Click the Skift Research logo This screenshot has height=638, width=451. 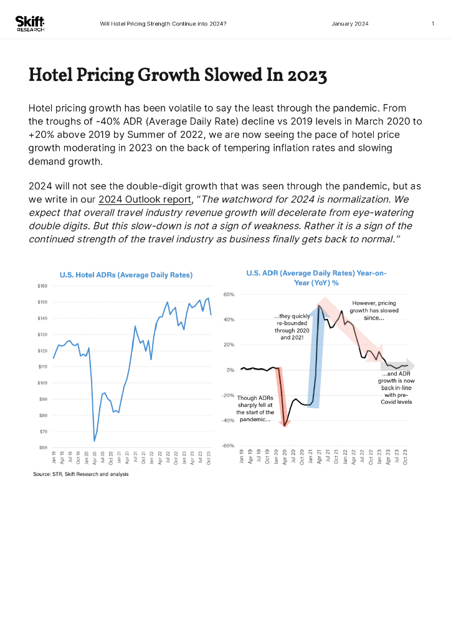click(x=29, y=24)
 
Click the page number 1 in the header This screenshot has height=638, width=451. click(x=432, y=24)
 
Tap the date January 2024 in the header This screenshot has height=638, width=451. click(x=349, y=24)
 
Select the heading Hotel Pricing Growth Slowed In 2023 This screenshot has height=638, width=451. click(x=178, y=75)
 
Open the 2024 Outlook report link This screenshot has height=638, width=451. click(x=145, y=200)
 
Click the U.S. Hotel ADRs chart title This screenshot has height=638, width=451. click(x=126, y=275)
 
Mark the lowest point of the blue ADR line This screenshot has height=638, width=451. click(x=94, y=441)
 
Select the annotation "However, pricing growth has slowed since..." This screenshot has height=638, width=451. click(x=373, y=310)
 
